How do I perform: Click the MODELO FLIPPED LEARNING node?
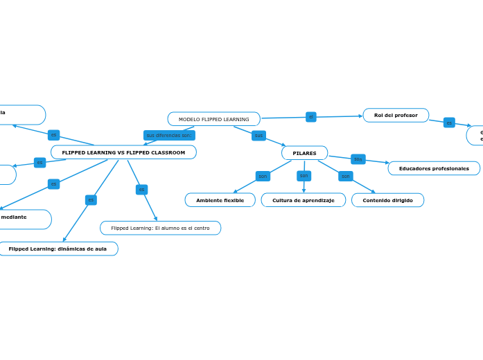(x=213, y=119)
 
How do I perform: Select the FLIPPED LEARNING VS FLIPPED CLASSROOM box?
(x=123, y=152)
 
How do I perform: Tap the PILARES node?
(x=304, y=153)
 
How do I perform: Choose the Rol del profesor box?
(x=396, y=115)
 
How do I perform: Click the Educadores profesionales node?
(x=434, y=168)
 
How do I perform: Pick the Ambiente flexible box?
(x=220, y=200)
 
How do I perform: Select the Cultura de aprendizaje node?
(x=303, y=200)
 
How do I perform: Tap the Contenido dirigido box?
(x=387, y=200)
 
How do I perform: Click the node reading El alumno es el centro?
(x=160, y=228)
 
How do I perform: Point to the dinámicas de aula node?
(x=58, y=249)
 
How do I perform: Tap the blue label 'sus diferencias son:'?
(x=169, y=135)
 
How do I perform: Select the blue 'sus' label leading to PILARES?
(x=258, y=135)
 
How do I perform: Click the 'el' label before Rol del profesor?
(x=311, y=117)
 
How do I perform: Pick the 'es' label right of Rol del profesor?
(x=449, y=123)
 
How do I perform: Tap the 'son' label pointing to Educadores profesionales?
(x=358, y=159)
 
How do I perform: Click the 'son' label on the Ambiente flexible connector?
(x=263, y=176)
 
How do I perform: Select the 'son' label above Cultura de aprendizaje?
(x=304, y=176)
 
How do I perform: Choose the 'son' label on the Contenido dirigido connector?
(x=345, y=176)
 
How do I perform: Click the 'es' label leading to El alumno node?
(x=141, y=189)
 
